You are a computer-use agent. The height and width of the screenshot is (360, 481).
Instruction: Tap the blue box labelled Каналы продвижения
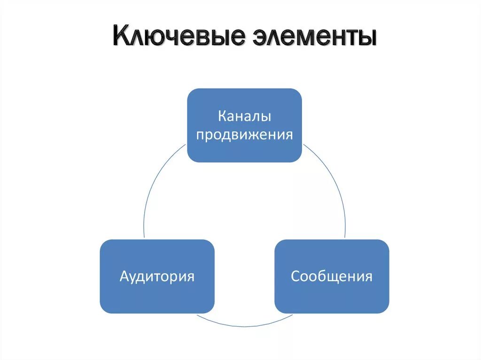coord(244,125)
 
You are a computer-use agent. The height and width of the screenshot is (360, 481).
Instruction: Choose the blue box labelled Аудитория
coord(157,276)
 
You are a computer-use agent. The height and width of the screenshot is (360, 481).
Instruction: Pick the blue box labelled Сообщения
coord(332,276)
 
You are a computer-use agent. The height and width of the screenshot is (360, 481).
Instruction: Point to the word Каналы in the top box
coord(244,115)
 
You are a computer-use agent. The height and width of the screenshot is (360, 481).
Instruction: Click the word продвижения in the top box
coord(244,135)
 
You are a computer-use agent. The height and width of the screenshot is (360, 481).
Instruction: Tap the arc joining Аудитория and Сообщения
coord(244,325)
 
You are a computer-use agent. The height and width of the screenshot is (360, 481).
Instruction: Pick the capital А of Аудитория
coord(124,276)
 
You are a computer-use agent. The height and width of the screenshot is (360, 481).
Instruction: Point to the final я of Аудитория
coord(190,276)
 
